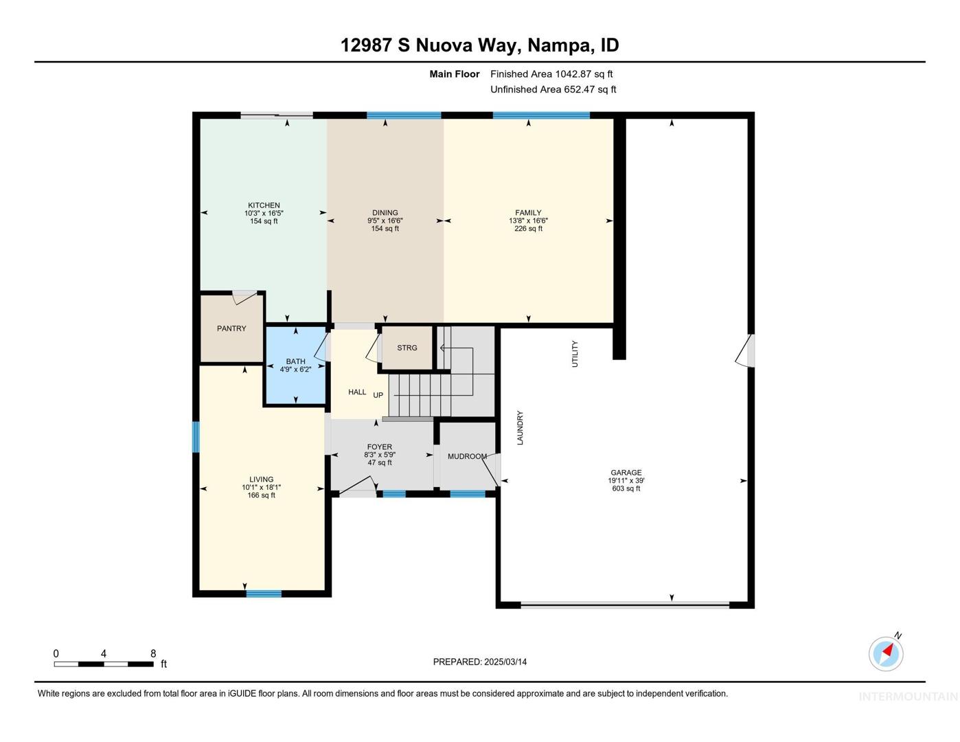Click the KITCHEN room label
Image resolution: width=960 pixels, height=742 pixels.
pyautogui.click(x=263, y=205)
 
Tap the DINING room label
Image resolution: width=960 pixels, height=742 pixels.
pyautogui.click(x=385, y=212)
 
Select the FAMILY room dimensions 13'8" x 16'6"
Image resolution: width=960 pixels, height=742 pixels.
pyautogui.click(x=528, y=221)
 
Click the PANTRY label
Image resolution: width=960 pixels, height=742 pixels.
pyautogui.click(x=231, y=328)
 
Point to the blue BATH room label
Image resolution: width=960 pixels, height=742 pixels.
pyautogui.click(x=295, y=361)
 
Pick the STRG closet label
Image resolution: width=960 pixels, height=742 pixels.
pyautogui.click(x=407, y=348)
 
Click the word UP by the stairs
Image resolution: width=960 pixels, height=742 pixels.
pyautogui.click(x=378, y=395)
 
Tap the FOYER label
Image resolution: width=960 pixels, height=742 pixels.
pyautogui.click(x=380, y=447)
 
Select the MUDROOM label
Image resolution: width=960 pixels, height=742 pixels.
pyautogui.click(x=467, y=456)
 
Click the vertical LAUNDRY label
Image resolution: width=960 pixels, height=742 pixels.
pyautogui.click(x=520, y=428)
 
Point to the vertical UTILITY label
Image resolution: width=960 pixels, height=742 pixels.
pyautogui.click(x=575, y=354)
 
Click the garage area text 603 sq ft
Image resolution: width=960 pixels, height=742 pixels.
pyautogui.click(x=626, y=488)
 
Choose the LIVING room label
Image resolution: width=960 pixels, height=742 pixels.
pyautogui.click(x=261, y=479)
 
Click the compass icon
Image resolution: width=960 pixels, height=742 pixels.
pyautogui.click(x=885, y=654)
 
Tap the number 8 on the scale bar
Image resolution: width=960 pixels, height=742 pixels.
pyautogui.click(x=153, y=653)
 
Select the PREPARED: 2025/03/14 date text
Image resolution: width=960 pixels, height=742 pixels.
pyautogui.click(x=480, y=662)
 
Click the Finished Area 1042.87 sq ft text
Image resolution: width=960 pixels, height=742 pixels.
pyautogui.click(x=551, y=74)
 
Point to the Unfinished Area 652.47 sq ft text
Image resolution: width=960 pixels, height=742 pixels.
pyautogui.click(x=553, y=89)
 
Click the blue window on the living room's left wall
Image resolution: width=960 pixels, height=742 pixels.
pyautogui.click(x=195, y=437)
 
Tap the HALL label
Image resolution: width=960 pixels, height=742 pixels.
pyautogui.click(x=357, y=392)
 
